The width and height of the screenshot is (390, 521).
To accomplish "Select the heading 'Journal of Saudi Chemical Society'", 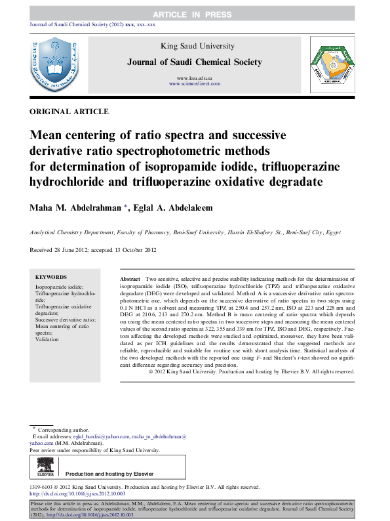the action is [195, 62].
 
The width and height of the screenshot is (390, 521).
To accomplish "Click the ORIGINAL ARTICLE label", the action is [69, 112].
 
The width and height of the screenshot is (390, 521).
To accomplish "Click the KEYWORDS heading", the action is [50, 278].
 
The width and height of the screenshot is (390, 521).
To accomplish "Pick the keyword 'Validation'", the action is [47, 339].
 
